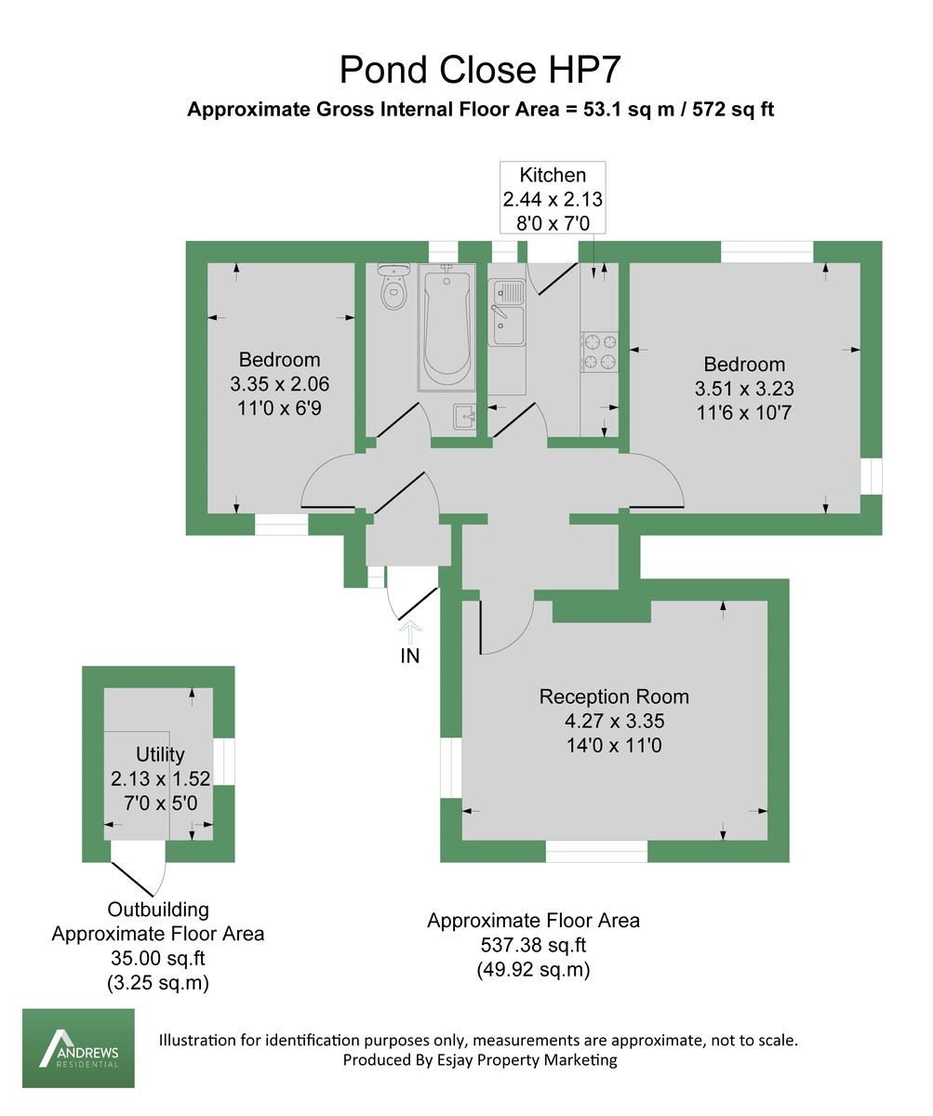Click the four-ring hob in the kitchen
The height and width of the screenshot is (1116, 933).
coord(600,351)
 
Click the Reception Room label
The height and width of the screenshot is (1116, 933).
coord(614,697)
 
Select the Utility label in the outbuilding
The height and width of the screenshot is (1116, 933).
coord(160,754)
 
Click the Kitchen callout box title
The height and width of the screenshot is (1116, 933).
coord(553,175)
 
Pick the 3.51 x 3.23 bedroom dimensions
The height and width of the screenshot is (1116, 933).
coord(744,389)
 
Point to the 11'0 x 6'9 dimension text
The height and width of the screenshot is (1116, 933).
coord(279,407)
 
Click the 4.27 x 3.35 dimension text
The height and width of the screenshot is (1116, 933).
coord(614,721)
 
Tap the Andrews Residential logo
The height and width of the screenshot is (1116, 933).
coord(78,1048)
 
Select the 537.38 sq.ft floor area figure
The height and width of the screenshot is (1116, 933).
coord(533,946)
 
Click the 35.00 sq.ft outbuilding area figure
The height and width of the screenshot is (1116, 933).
coord(157,959)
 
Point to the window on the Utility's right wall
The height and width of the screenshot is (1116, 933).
coord(224,762)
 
